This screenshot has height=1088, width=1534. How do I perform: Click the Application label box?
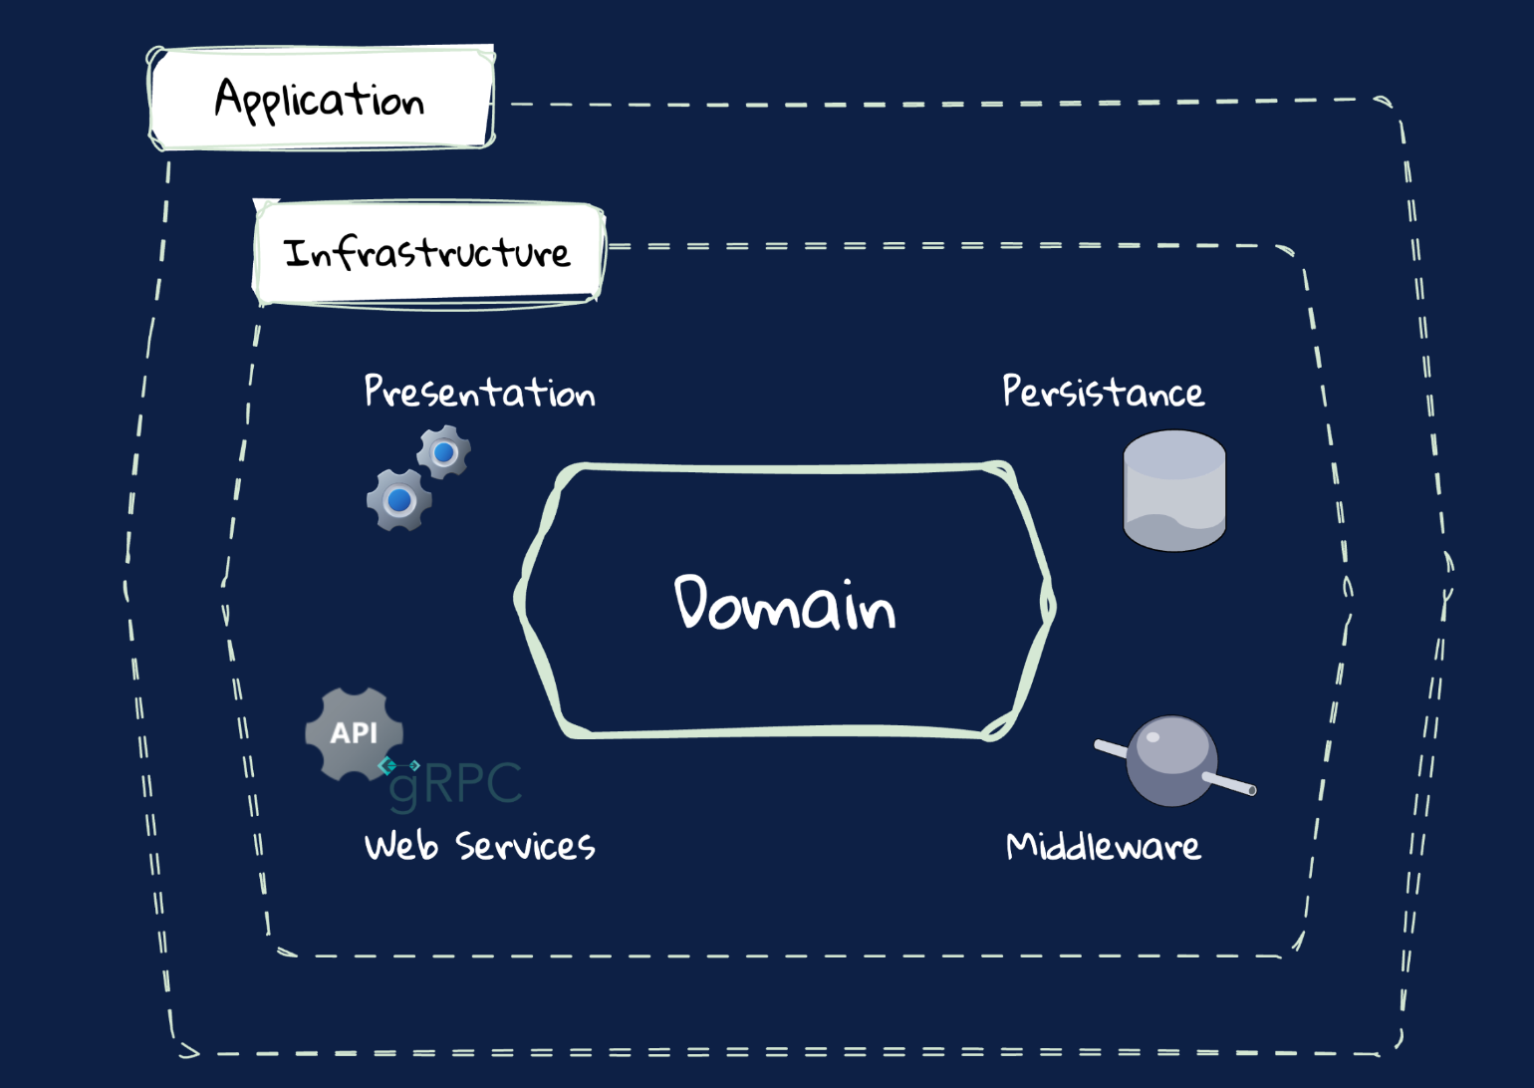(321, 99)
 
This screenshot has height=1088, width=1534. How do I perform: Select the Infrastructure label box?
(428, 253)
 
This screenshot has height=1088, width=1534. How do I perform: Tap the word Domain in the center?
(785, 604)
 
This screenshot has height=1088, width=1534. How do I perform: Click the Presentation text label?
(479, 392)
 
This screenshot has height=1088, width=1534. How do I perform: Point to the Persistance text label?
(1103, 392)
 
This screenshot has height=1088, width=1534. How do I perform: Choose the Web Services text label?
(479, 846)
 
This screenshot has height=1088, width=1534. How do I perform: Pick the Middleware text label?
(1103, 846)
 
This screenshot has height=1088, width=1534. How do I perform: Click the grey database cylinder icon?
(1174, 490)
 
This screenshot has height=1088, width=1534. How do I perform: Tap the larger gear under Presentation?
(399, 500)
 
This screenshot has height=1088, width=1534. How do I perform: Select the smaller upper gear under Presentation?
(444, 452)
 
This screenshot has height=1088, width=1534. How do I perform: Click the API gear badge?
(354, 733)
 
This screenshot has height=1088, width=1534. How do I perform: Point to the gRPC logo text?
(456, 784)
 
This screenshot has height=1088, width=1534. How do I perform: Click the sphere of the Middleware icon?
(1171, 760)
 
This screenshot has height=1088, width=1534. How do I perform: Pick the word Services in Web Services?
(525, 846)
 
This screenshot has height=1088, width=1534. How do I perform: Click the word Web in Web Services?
(401, 846)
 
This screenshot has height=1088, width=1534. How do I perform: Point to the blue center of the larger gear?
(399, 500)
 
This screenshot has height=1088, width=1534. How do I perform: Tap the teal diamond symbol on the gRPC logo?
(387, 765)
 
